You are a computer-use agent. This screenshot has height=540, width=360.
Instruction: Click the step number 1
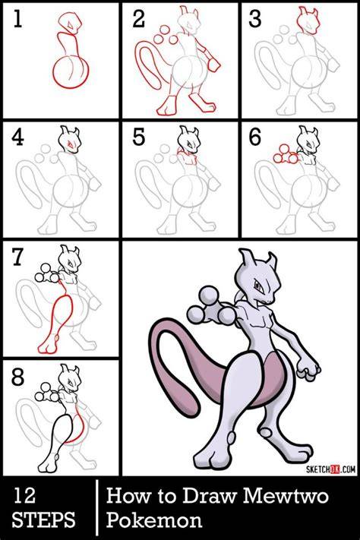[17, 19]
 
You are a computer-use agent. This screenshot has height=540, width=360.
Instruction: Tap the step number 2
[138, 19]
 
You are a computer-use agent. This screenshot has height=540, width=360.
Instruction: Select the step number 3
[255, 19]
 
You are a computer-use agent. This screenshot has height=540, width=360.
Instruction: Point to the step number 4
[17, 137]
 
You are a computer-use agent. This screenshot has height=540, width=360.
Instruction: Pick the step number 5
[138, 137]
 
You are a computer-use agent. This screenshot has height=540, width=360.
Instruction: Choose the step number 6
[255, 137]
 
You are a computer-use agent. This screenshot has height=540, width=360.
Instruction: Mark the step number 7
[17, 257]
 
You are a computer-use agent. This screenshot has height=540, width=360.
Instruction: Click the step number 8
[17, 377]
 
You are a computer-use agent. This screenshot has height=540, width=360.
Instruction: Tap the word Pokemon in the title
[153, 520]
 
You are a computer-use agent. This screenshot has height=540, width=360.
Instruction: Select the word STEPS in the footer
[44, 520]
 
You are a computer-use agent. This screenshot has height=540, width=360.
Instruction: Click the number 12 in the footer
[24, 496]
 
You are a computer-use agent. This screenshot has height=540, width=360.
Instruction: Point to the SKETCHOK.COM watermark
[330, 469]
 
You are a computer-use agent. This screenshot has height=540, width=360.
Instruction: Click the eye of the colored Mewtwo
[258, 286]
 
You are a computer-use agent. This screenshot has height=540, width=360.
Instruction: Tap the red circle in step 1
[71, 73]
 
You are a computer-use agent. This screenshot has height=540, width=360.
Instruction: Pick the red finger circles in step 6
[286, 154]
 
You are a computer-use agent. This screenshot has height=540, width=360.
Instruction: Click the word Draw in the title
[210, 496]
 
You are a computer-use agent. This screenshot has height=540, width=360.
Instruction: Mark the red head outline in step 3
[308, 21]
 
